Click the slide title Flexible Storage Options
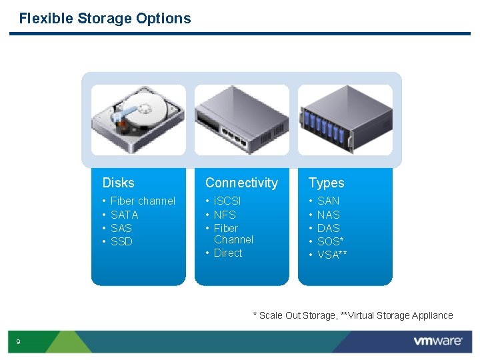[105, 19]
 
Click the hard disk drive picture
[139, 119]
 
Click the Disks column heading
[118, 183]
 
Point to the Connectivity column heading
[241, 183]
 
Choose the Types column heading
[326, 183]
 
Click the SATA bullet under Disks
[124, 215]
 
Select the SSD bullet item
[121, 241]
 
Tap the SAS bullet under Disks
[121, 228]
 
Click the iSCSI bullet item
[227, 201]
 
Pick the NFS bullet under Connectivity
[225, 215]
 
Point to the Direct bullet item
[228, 253]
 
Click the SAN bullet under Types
[329, 201]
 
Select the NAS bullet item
[329, 215]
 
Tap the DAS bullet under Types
[329, 228]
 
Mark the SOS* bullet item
[331, 241]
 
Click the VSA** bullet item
[332, 255]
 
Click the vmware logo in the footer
[437, 341]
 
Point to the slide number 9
[18, 342]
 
